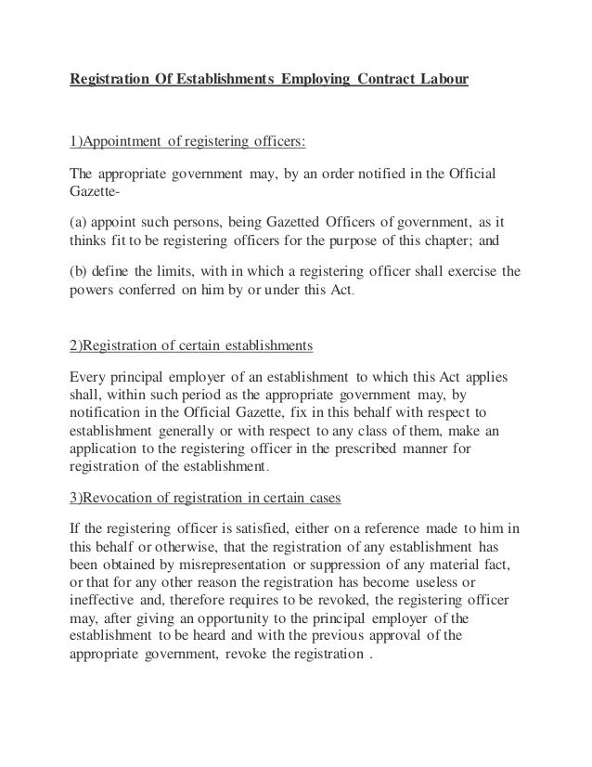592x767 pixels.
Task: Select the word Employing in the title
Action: pyautogui.click(x=314, y=79)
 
